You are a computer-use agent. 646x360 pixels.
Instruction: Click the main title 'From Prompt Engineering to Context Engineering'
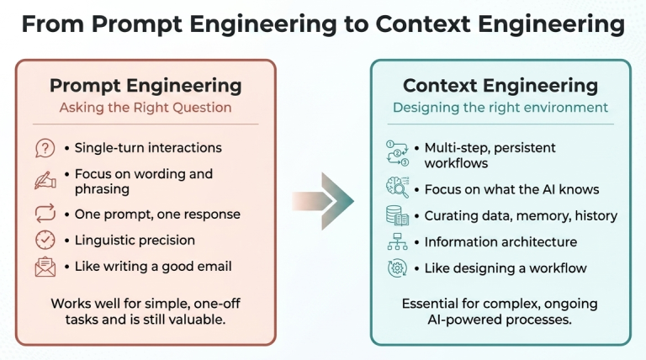(323, 24)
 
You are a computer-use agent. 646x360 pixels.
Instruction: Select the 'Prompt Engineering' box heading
(146, 86)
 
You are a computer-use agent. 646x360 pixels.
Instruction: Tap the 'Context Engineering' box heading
(500, 86)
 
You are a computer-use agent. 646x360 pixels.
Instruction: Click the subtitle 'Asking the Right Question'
(146, 108)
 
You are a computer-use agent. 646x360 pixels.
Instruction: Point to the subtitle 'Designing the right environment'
(500, 108)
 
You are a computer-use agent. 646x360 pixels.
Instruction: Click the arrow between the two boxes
(324, 201)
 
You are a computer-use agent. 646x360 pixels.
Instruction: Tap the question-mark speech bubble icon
(45, 148)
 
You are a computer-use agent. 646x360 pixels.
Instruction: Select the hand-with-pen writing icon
(45, 180)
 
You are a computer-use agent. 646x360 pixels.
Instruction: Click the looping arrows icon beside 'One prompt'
(45, 214)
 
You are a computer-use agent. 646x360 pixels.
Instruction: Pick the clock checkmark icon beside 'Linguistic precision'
(45, 240)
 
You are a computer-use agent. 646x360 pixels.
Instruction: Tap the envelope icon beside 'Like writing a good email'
(45, 267)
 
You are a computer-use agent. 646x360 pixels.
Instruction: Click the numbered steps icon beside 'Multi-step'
(397, 154)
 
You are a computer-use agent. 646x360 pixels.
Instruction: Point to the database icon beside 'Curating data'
(397, 215)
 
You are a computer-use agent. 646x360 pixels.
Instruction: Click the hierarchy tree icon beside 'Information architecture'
(397, 242)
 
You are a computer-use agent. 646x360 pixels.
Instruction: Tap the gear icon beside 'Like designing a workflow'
(397, 268)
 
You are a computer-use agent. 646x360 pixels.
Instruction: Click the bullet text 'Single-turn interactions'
(148, 148)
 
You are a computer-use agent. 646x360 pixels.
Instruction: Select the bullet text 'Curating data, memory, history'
(521, 216)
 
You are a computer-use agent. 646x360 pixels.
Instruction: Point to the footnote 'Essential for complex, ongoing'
(500, 304)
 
